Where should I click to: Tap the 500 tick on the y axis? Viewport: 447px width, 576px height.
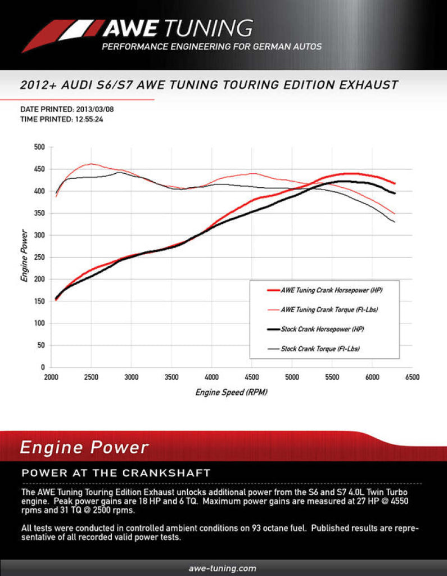click(39, 147)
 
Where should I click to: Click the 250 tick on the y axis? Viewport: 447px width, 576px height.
click(39, 258)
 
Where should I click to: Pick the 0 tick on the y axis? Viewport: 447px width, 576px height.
click(42, 367)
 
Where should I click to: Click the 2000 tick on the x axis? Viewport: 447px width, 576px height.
click(51, 377)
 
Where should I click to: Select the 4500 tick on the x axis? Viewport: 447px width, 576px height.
click(251, 377)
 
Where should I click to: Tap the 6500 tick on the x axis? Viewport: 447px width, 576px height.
click(412, 377)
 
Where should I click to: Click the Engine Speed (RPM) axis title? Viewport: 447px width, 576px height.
click(231, 392)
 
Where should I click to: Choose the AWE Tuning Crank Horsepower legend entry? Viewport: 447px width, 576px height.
click(332, 291)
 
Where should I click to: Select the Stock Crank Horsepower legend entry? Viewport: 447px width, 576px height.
click(324, 329)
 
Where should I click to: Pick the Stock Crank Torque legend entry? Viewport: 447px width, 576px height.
click(320, 349)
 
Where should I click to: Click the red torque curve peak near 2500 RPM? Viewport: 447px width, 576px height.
click(91, 164)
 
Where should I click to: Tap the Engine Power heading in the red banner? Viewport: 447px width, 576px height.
click(84, 448)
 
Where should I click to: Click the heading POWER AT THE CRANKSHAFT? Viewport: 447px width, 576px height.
click(116, 472)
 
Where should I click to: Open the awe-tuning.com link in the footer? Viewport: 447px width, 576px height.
click(223, 568)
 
